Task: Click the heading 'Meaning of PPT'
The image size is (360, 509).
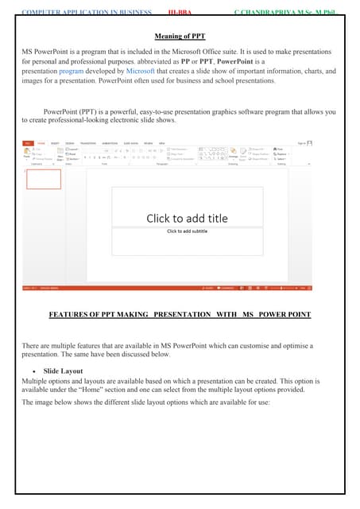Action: coord(180,36)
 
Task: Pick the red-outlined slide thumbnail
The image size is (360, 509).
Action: coord(44,179)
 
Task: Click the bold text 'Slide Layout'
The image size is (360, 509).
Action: coord(64,371)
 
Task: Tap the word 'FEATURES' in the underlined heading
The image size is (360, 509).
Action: coord(70,316)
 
